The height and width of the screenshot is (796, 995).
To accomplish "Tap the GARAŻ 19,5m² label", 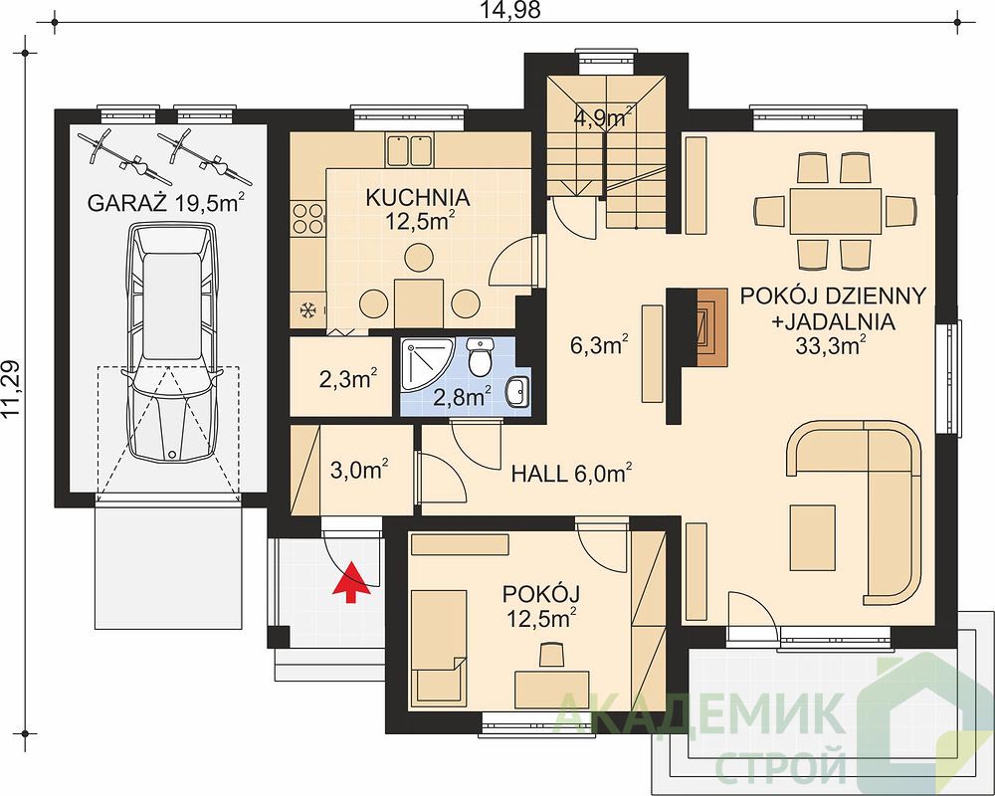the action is coord(165,202).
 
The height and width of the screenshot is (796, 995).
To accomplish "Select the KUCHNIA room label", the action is coord(418,197).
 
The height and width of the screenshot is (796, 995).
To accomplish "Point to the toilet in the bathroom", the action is coord(480,357).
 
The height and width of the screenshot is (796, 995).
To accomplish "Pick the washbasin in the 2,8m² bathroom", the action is coord(518,391).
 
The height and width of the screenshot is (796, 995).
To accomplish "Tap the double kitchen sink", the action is coord(409,149).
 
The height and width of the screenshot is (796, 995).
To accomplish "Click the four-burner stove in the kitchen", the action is coord(307,218).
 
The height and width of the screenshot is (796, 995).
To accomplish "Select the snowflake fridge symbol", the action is coord(308,311).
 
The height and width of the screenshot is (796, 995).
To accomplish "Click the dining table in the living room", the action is coord(835,211).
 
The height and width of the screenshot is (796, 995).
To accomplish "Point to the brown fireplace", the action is coord(710,328).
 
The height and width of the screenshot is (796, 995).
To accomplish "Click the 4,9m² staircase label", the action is coord(603,116).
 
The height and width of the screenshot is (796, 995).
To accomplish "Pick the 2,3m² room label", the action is coord(348,379).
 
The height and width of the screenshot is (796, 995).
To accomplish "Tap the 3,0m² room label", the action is coord(360,470).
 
